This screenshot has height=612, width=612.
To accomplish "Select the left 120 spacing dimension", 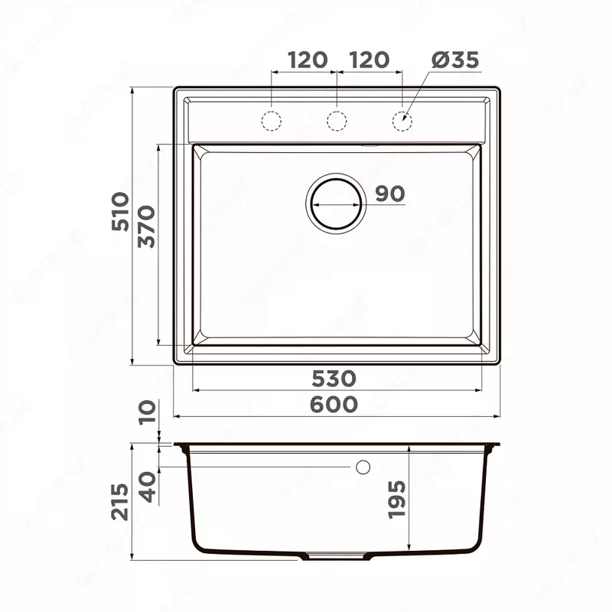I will pos(308,60).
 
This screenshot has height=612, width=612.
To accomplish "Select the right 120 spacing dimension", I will pos(369,60).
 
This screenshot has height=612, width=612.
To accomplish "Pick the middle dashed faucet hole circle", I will pos(337,120).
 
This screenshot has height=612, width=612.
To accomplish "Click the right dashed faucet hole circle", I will pos(402,120).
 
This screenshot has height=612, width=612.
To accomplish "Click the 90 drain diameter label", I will pos(389,194).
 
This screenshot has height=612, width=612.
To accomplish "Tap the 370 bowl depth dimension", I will pos(147,226).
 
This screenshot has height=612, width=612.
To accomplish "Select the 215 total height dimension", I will pos(121,502).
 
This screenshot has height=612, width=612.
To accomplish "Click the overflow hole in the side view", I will pos(363,466).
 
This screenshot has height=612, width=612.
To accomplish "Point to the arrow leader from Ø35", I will pos(417,95).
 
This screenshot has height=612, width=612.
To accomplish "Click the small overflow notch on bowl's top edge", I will pos(369,143).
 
